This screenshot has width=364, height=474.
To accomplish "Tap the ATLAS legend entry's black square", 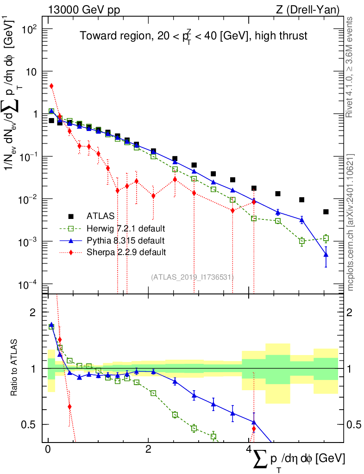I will click(x=71, y=216).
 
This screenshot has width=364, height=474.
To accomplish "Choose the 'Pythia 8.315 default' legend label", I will click(x=126, y=240).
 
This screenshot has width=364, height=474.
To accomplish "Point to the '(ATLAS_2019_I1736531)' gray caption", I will click(x=192, y=277).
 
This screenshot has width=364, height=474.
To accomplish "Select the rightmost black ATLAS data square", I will click(x=326, y=212).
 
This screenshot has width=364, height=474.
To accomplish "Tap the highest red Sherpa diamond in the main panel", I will click(x=51, y=86).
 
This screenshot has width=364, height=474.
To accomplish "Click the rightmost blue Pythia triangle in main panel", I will click(x=326, y=255).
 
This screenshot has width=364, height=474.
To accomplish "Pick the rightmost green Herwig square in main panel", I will click(x=326, y=238).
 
